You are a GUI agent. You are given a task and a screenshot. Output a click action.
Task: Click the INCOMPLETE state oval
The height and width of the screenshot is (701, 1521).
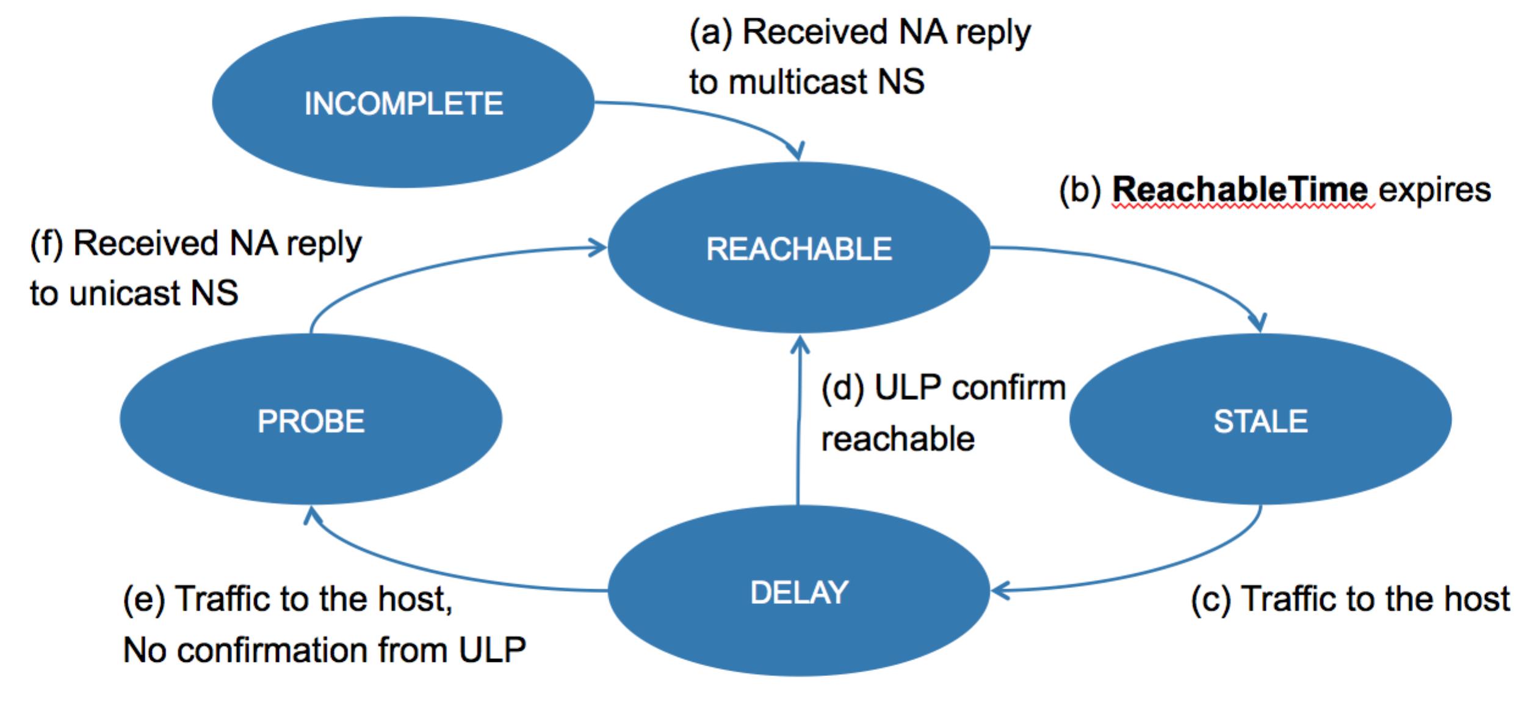(403, 102)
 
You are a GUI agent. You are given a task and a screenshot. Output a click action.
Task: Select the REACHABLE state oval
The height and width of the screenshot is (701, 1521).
(798, 247)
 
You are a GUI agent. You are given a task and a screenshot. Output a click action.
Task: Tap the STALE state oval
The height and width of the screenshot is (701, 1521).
(1260, 420)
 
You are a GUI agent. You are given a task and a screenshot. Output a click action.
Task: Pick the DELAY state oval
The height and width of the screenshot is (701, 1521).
(798, 591)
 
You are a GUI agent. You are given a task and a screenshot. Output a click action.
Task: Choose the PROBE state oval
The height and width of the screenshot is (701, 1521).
(311, 420)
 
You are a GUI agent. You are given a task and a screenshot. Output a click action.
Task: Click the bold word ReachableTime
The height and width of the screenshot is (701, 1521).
(1240, 189)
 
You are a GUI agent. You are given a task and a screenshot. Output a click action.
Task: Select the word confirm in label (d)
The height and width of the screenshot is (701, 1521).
(1009, 387)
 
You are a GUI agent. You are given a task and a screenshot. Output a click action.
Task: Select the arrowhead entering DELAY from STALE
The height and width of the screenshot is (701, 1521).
(1000, 590)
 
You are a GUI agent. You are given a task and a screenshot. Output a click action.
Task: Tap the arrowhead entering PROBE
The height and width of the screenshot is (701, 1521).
(312, 515)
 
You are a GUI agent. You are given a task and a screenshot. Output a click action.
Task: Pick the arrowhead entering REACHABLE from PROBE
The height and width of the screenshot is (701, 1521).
(598, 247)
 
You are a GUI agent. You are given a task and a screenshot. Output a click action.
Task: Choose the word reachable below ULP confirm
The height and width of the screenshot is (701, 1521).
(898, 439)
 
